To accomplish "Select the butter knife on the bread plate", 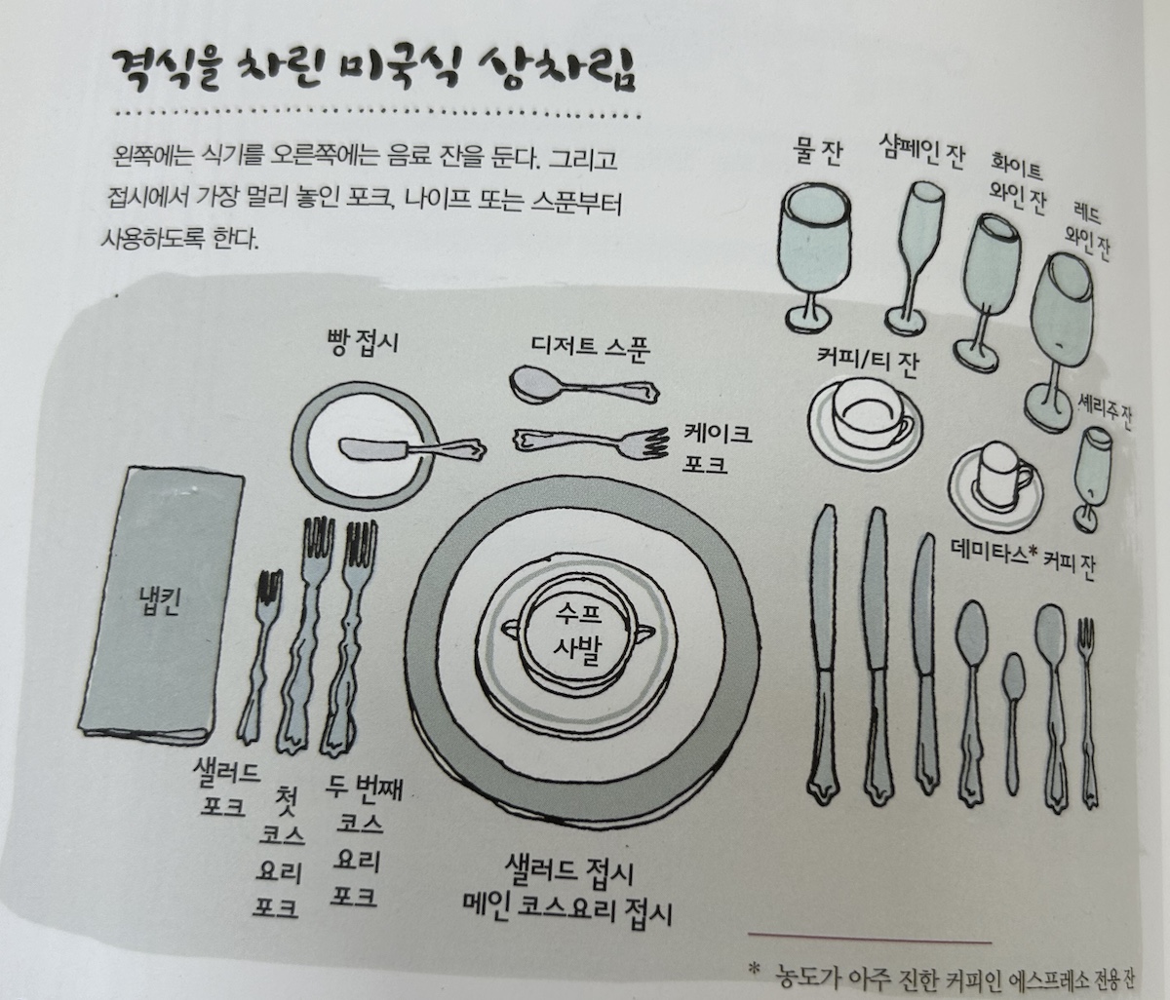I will pos(409,449).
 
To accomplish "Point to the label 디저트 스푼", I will pos(591,346).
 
